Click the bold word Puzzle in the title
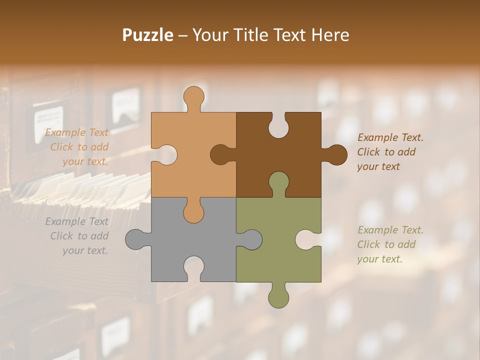(148, 35)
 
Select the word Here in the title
(329, 35)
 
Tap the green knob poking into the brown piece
(278, 182)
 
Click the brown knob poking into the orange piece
(220, 154)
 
